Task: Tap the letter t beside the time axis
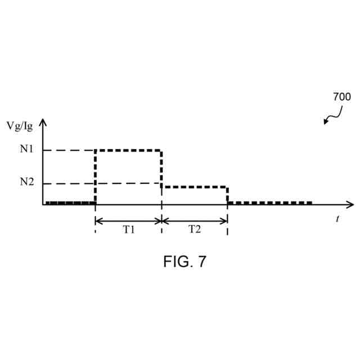(337, 219)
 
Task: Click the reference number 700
(341, 97)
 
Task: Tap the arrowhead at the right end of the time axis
(350, 204)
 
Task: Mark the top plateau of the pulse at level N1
(129, 150)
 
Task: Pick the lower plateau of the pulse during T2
(195, 187)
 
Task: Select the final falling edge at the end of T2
(227, 195)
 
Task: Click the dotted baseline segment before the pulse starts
(70, 202)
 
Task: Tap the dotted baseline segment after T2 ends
(270, 202)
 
